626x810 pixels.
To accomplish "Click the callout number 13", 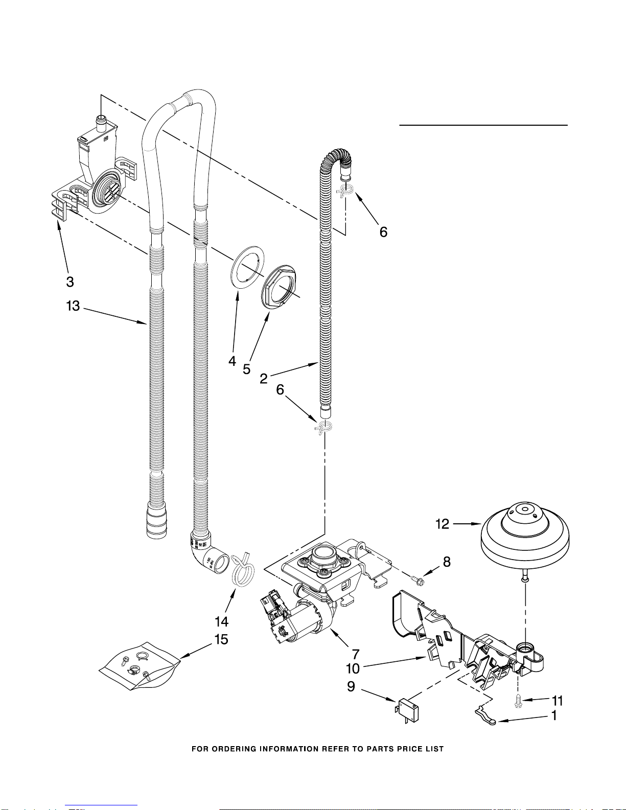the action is (x=73, y=306).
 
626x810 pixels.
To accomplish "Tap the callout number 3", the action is (x=70, y=282).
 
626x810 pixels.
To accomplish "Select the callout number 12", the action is (x=443, y=524).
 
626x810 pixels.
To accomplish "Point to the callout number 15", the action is (x=221, y=640).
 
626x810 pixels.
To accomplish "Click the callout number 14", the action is (x=221, y=622).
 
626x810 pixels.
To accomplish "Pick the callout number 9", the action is (x=351, y=687).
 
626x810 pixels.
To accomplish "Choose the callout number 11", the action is (x=557, y=701).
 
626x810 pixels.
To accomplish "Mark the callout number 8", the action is (x=447, y=562).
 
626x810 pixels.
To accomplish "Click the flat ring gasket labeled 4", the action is (x=247, y=267).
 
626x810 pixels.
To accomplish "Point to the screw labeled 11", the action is (x=518, y=702).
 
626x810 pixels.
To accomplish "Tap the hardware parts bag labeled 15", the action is (x=140, y=666).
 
